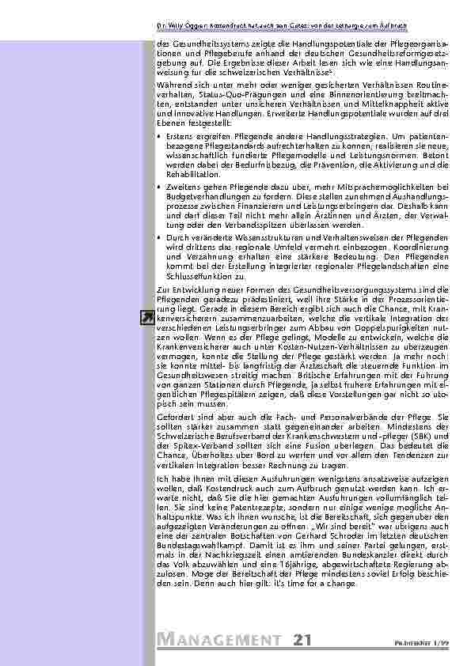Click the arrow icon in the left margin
[x=146, y=318]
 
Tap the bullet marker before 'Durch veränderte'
[x=161, y=237]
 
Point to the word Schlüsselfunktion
[x=199, y=278]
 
